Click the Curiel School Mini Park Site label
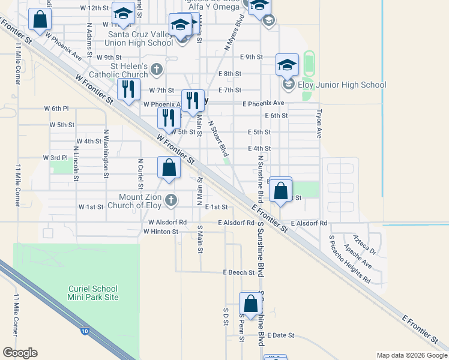93,293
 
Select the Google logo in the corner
20,353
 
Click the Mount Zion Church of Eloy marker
171,200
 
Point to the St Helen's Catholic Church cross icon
157,69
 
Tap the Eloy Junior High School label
342,85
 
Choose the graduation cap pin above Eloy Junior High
287,65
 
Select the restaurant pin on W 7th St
128,91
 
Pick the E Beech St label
239,272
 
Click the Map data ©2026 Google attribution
411,355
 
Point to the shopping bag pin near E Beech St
250,304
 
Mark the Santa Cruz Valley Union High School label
140,38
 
